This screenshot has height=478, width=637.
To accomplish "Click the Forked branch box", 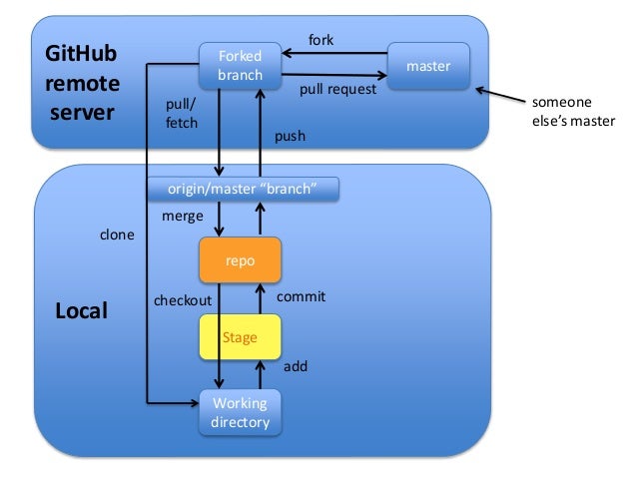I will click(x=240, y=65).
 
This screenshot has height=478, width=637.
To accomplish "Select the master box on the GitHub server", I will click(x=429, y=66).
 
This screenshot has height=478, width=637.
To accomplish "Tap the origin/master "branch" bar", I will click(x=243, y=189).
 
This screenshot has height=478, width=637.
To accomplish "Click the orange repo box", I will click(x=240, y=259).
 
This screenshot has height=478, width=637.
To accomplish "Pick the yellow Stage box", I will click(x=240, y=338).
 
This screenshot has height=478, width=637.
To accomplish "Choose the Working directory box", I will click(x=240, y=413).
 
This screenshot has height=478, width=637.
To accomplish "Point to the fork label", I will click(x=320, y=40).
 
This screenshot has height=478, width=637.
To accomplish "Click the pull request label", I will click(x=337, y=89).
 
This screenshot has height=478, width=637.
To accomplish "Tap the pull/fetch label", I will click(x=181, y=113).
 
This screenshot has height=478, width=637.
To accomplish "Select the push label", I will click(x=290, y=136).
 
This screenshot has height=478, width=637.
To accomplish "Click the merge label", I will click(x=182, y=216).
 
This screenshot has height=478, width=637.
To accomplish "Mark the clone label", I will click(x=116, y=237).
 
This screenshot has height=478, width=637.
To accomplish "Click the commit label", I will click(x=301, y=297).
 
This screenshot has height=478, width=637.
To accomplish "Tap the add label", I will click(x=296, y=366).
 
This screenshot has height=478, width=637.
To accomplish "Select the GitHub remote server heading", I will click(x=82, y=83).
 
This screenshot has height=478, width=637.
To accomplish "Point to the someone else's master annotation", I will click(x=571, y=113).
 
